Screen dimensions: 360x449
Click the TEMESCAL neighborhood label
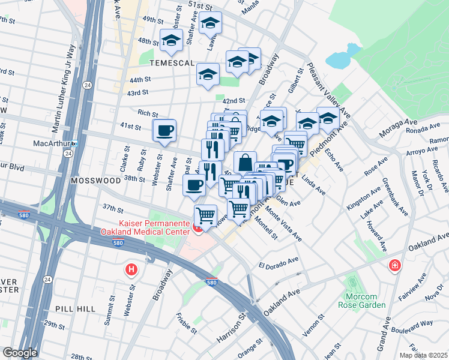pyautogui.click(x=172, y=63)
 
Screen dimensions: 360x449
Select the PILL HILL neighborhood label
pyautogui.click(x=73, y=307)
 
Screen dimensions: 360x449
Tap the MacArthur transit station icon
pyautogui.click(x=75, y=144)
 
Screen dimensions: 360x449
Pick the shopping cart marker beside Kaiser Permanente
pyautogui.click(x=205, y=214)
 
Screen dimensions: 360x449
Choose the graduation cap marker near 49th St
pyautogui.click(x=210, y=23)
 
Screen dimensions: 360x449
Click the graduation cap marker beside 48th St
pyautogui.click(x=171, y=41)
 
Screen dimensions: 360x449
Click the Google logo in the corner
pyautogui.click(x=20, y=353)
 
